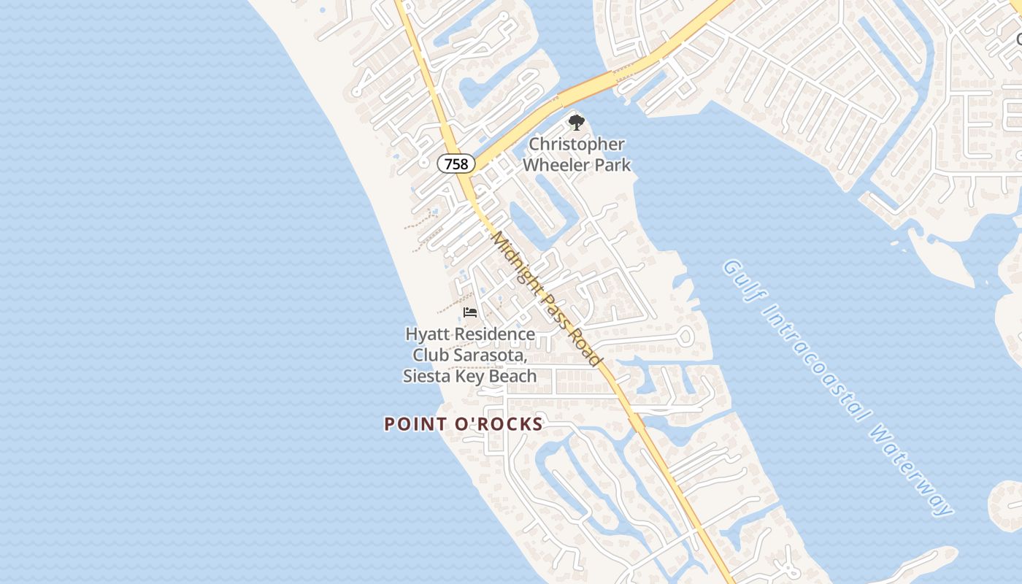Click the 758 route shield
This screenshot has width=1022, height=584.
(x=456, y=164)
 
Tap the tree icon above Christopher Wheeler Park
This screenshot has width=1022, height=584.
(x=577, y=122)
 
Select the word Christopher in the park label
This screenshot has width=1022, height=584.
(x=577, y=145)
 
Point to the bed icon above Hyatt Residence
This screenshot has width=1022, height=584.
(x=470, y=312)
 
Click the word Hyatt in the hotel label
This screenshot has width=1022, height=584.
(x=425, y=334)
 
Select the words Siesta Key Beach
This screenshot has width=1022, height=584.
(x=470, y=377)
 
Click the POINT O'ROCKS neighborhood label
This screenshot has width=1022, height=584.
(x=464, y=424)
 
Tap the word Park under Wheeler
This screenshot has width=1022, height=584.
(x=612, y=165)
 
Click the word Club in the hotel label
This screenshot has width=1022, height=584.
(x=429, y=356)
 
